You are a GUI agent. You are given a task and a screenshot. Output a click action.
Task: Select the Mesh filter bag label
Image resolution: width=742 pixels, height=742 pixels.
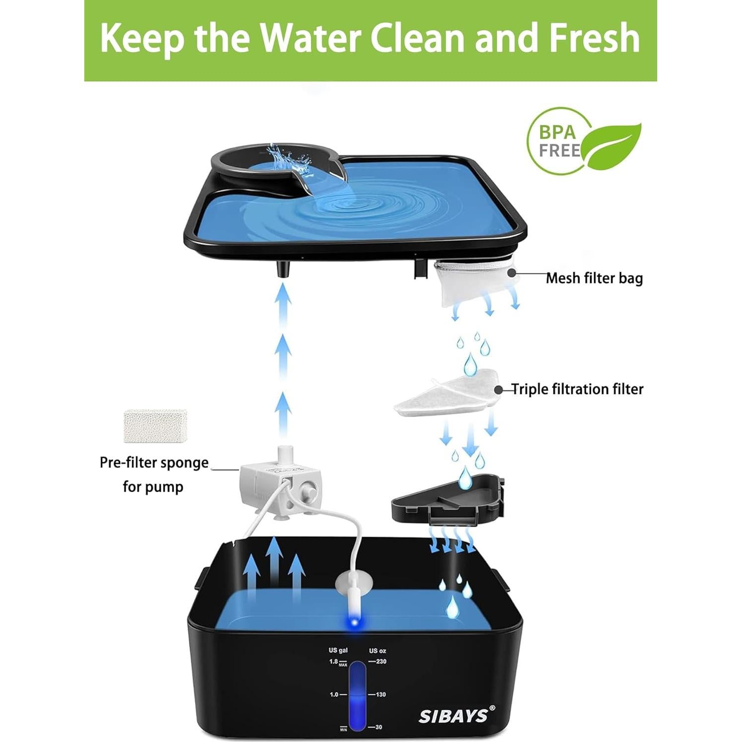(x=594, y=278)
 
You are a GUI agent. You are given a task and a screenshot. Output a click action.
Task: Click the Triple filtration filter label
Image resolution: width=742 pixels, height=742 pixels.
(x=577, y=389)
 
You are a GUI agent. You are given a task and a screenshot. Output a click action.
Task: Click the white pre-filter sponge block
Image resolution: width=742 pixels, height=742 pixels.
(x=155, y=426)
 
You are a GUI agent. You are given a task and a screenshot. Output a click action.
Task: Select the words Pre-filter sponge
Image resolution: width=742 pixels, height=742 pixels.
(x=154, y=463)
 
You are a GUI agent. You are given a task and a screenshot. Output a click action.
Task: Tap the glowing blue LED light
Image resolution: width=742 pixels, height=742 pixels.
(x=354, y=622)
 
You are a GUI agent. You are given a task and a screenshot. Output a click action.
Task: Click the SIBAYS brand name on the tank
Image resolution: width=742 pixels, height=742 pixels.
(x=454, y=716)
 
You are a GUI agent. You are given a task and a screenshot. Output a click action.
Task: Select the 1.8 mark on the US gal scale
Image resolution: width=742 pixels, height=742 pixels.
(x=334, y=662)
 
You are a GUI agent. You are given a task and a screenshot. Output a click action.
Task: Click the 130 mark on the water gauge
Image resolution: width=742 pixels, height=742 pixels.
(x=380, y=694)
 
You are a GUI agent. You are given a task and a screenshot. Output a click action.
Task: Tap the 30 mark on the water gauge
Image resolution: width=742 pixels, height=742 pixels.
(x=378, y=727)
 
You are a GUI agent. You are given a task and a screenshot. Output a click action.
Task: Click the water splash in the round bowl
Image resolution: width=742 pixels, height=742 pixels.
(x=284, y=158)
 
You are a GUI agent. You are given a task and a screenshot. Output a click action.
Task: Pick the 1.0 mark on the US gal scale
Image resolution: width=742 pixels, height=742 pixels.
(x=334, y=694)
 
